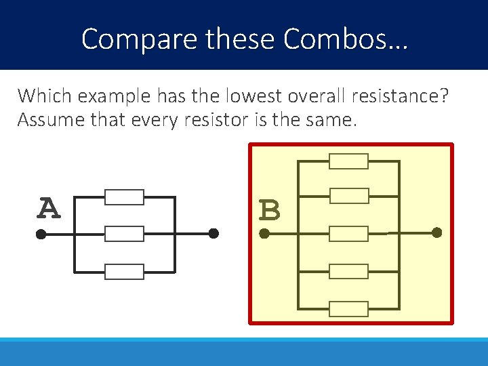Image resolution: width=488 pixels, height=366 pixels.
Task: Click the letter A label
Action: pyautogui.click(x=47, y=209)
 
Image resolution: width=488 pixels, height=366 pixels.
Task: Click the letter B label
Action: pyautogui.click(x=269, y=211)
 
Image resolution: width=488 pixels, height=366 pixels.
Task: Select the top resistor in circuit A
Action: pyautogui.click(x=124, y=197)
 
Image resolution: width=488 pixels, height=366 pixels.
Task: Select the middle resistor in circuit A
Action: pyautogui.click(x=124, y=234)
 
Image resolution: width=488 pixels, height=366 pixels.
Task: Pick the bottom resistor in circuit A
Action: pyautogui.click(x=124, y=272)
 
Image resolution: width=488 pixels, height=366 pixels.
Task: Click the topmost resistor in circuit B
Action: pyautogui.click(x=348, y=161)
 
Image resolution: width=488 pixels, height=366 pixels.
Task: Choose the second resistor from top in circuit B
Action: pyautogui.click(x=348, y=196)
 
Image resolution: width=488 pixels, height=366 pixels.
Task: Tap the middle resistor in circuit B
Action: pyautogui.click(x=348, y=234)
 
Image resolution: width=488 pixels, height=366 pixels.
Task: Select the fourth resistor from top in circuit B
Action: pyautogui.click(x=348, y=272)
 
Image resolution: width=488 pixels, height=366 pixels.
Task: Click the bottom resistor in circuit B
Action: pyautogui.click(x=348, y=309)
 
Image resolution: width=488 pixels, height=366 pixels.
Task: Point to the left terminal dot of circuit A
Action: pyautogui.click(x=41, y=235)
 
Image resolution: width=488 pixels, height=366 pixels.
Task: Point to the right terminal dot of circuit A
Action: pyautogui.click(x=213, y=234)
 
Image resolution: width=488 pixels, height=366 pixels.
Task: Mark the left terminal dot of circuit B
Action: pyautogui.click(x=264, y=235)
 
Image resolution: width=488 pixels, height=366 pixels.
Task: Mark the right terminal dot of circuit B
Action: pyautogui.click(x=437, y=233)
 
